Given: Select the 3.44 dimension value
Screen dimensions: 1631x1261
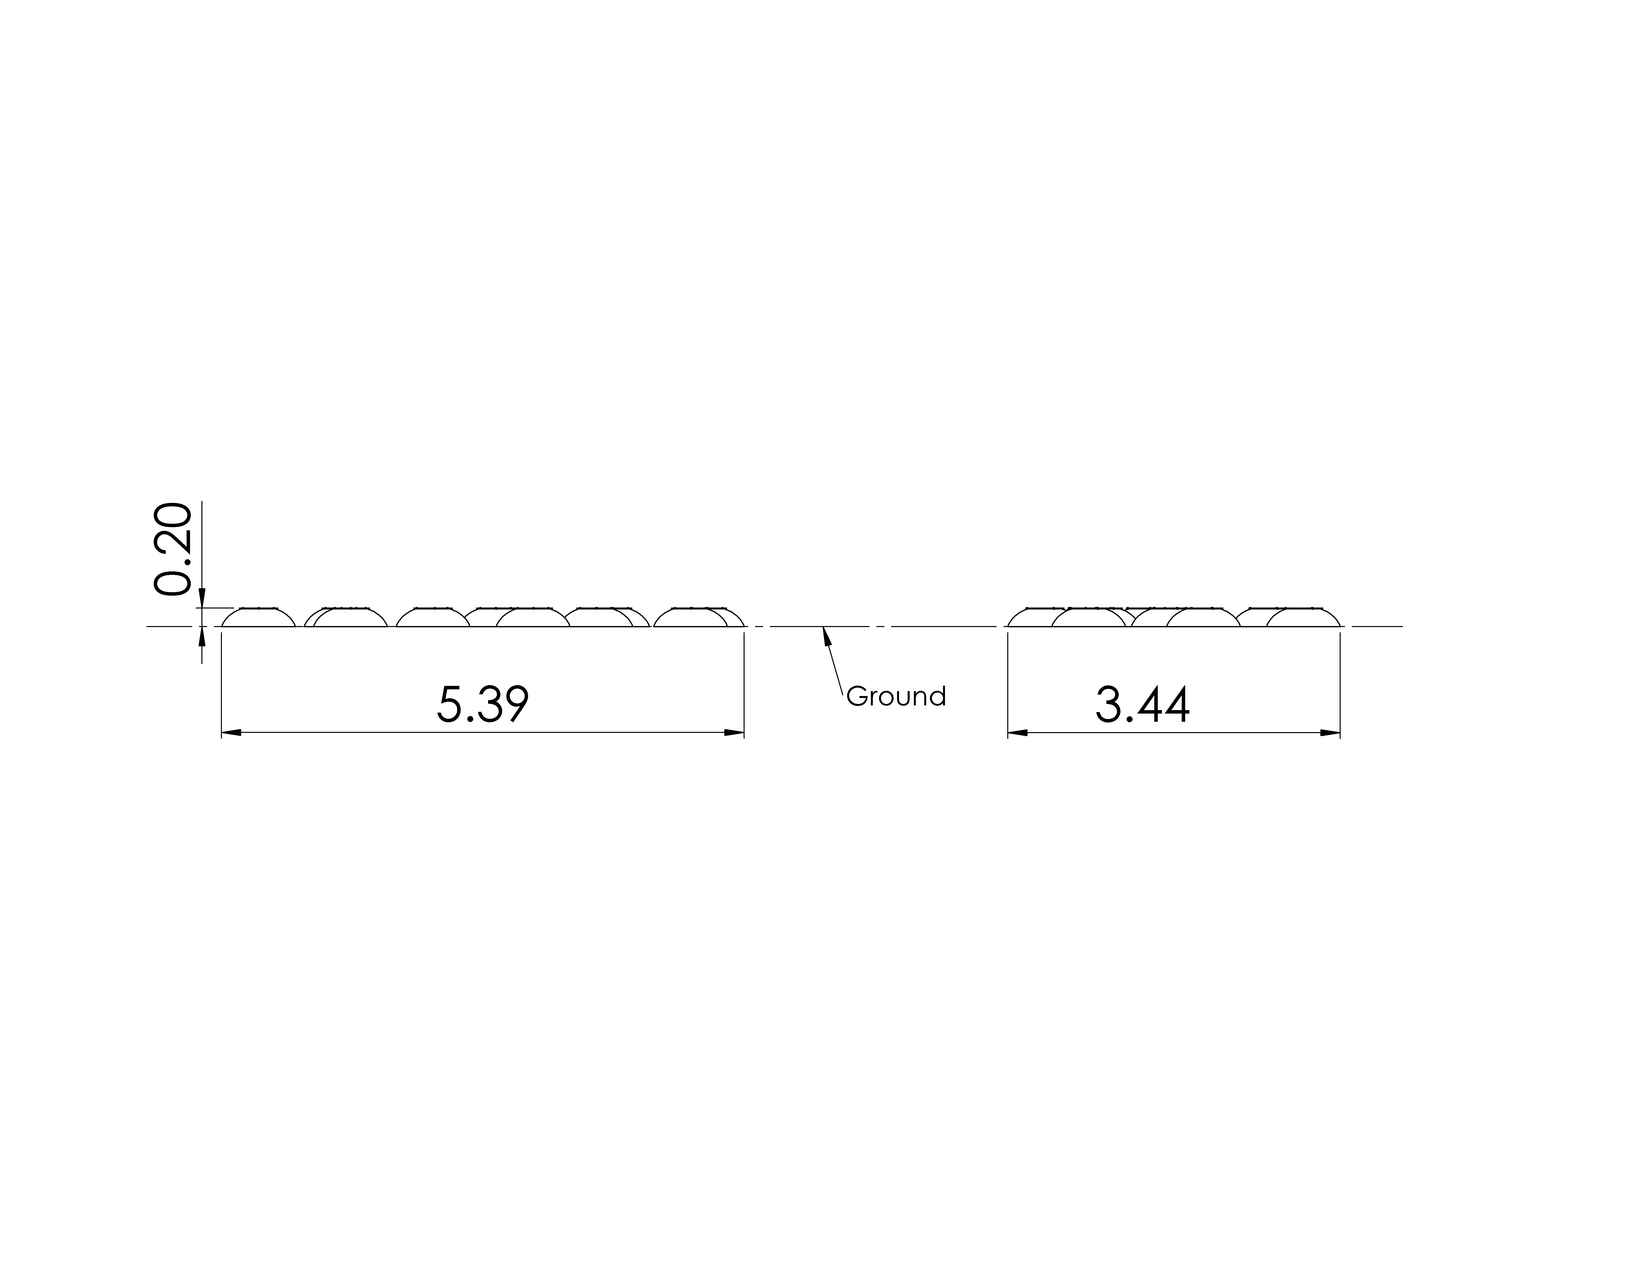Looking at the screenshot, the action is [1143, 704].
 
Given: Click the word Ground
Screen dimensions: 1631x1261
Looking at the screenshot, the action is [896, 696].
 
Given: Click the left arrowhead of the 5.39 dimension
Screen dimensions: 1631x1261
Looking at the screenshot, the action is [232, 733].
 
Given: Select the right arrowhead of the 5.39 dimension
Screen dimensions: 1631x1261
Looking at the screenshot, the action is [734, 733].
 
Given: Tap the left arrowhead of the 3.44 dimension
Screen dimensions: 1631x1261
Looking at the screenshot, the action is [1018, 733].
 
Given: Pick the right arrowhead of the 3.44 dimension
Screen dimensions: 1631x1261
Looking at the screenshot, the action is [1330, 733].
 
